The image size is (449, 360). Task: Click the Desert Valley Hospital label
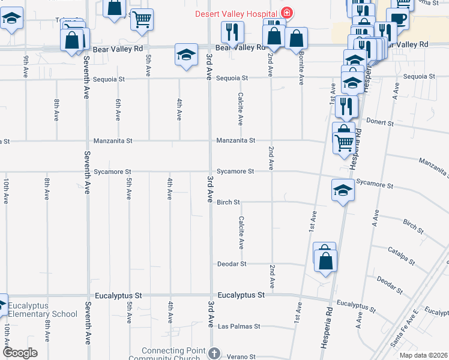pos(235,13)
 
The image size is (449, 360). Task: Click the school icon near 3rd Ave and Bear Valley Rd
pos(187,55)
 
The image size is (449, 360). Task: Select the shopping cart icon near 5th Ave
pos(142,20)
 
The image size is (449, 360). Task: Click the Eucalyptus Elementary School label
pos(43,310)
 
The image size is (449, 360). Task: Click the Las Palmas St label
pos(239,326)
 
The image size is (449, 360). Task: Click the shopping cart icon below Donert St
pos(343,143)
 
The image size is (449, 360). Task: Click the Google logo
pos(20,353)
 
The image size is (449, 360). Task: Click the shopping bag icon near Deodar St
pos(325,261)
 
